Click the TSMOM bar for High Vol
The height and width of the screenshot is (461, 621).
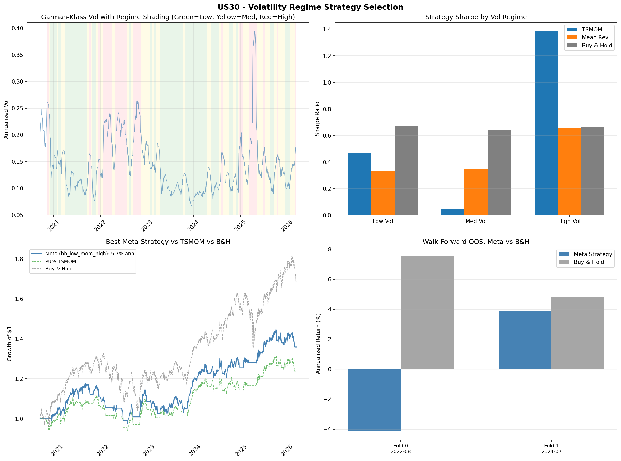coord(546,123)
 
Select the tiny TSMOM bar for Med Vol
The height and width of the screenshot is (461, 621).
coord(453,212)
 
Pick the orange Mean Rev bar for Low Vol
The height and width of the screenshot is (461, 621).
coord(383,193)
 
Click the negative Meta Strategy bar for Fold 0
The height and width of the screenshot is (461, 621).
coord(374,400)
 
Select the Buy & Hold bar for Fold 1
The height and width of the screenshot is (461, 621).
coord(577,333)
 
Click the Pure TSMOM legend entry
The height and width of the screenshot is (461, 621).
coord(61,261)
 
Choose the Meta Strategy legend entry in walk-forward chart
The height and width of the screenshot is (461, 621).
coord(593,254)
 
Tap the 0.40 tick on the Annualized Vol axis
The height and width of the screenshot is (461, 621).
coord(17,28)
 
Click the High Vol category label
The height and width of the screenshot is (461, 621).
coord(569,221)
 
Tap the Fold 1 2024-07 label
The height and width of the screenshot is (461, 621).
coord(551,449)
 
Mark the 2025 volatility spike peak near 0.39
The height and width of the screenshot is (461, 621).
coord(254,31)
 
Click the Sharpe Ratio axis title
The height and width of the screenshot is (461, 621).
coord(317,119)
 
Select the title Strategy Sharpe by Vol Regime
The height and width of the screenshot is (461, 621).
coord(476,17)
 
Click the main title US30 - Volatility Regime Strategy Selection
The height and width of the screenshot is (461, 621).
coord(310,7)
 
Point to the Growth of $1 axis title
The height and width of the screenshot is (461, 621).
coord(9,344)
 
